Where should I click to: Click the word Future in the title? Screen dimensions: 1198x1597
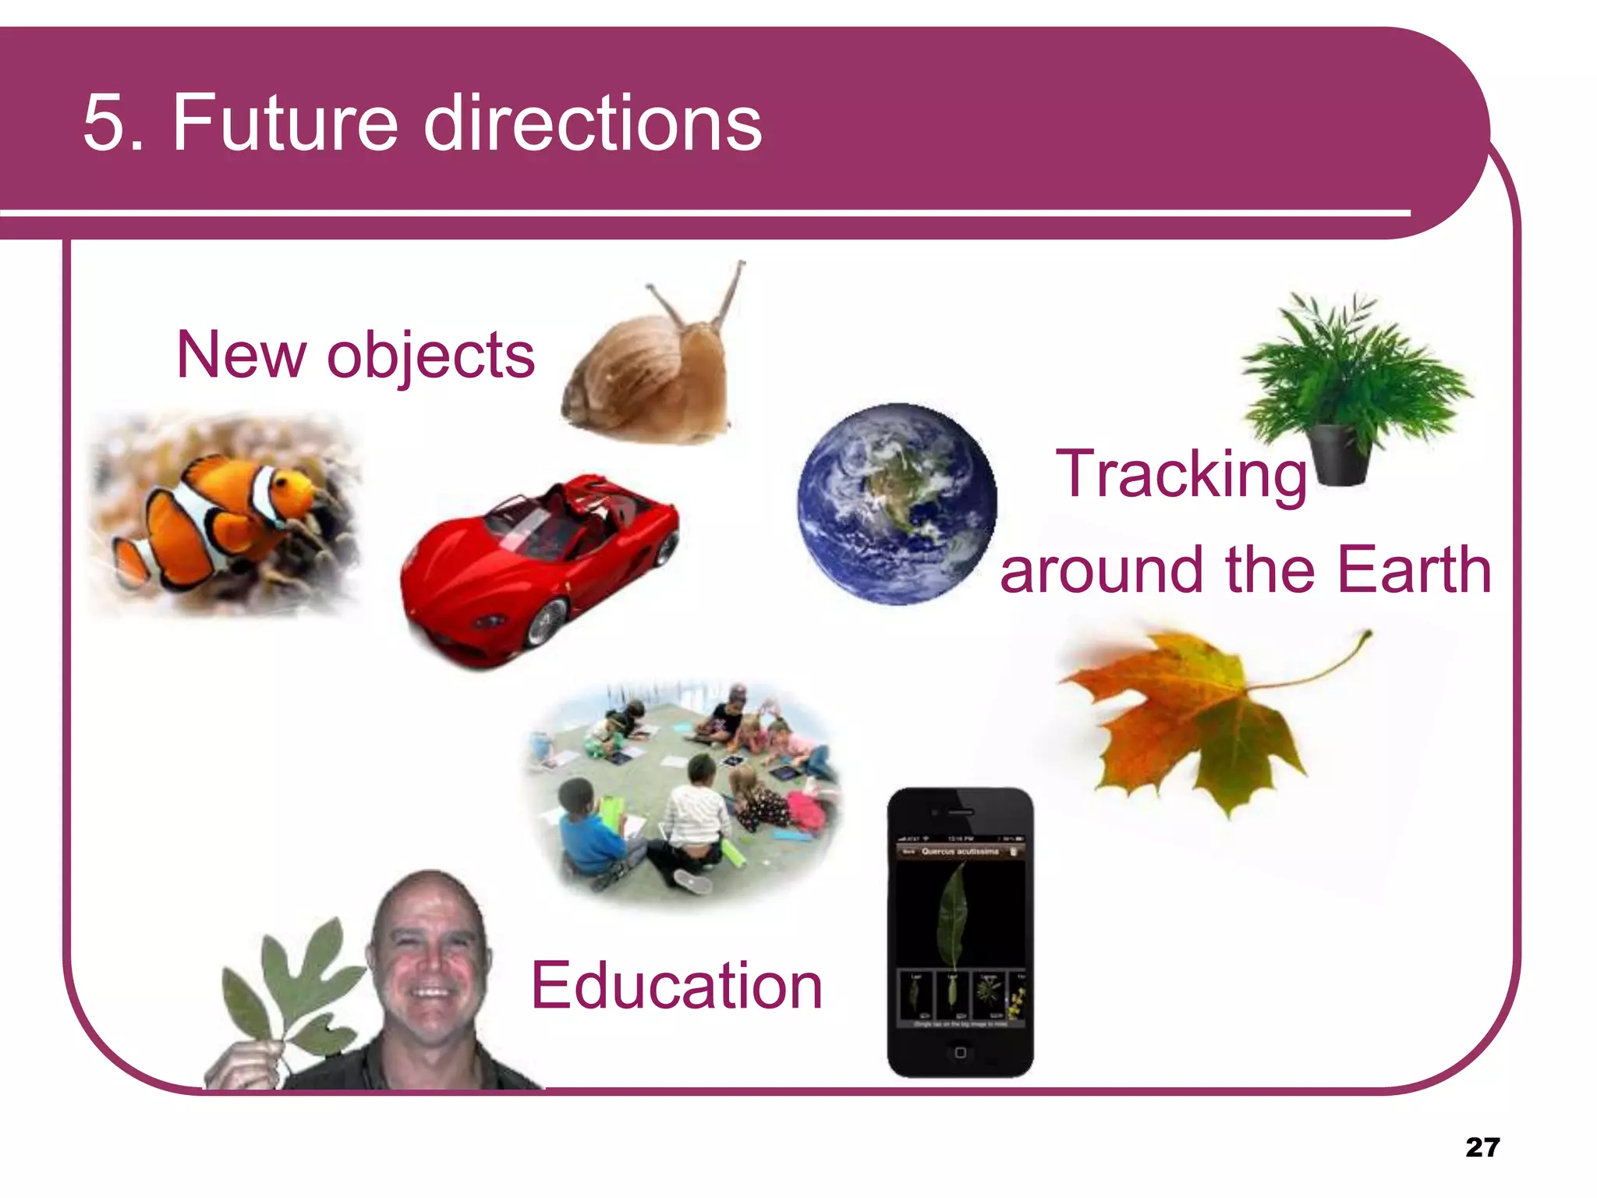285,122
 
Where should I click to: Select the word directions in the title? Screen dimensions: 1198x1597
593,122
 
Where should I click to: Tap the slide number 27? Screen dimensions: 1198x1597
1482,1147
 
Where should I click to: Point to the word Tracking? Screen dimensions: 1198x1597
1181,475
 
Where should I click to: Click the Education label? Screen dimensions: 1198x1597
676,986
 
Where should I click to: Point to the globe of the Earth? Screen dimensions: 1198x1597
897,504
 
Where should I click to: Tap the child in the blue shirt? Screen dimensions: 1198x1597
589,838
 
